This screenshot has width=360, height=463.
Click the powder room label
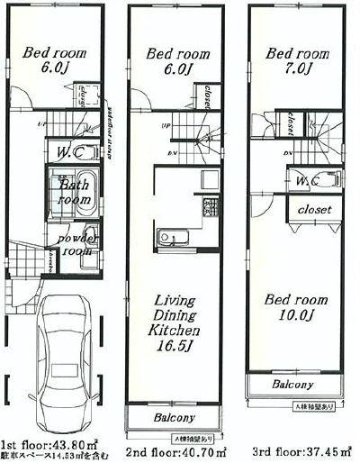pos(77,245)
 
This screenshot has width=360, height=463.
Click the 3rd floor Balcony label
pos(293,385)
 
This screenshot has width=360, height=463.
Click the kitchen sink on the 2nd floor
pos(170,239)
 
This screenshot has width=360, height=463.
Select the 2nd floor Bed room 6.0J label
pos(176,60)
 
